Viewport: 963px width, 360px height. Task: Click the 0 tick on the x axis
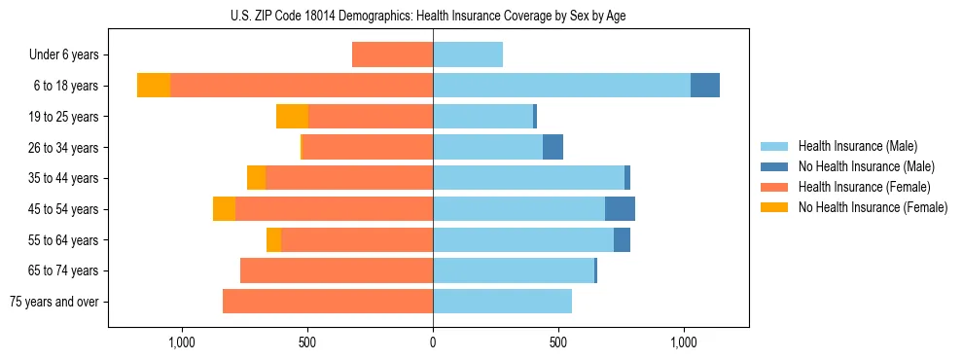coord(433,342)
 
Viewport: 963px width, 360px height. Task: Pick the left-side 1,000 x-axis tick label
coord(182,342)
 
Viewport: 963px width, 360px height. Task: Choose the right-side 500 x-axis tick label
coord(558,342)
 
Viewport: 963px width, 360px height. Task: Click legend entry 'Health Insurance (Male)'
coord(857,146)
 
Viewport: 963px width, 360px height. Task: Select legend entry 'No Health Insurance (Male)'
coord(866,166)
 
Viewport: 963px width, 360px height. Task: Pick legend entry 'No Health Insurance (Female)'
coord(873,207)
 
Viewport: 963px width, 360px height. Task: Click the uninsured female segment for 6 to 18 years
coord(154,86)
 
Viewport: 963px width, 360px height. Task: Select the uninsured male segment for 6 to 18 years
coord(705,86)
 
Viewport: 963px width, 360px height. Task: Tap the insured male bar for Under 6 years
coord(468,54)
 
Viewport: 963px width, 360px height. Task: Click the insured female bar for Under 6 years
coord(393,54)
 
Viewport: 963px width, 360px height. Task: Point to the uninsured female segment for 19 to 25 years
coord(292,117)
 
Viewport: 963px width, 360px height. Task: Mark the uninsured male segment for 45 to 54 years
coord(620,209)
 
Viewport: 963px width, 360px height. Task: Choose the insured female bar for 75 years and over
coord(328,302)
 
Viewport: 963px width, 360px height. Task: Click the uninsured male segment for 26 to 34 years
coord(553,147)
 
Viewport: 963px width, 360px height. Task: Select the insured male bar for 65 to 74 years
coord(514,270)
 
